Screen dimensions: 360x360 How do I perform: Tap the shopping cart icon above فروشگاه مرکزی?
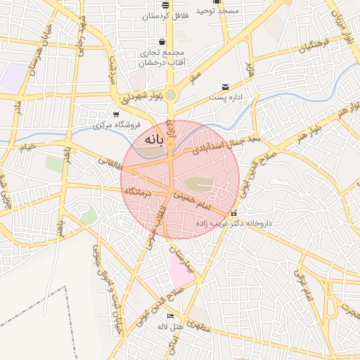point(116,114)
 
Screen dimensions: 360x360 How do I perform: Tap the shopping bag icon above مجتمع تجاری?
point(162,41)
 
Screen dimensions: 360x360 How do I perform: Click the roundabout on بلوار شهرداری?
point(171,95)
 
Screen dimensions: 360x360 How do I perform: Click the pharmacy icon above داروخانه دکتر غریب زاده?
point(234,214)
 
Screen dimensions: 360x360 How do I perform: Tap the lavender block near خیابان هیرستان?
point(13,77)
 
